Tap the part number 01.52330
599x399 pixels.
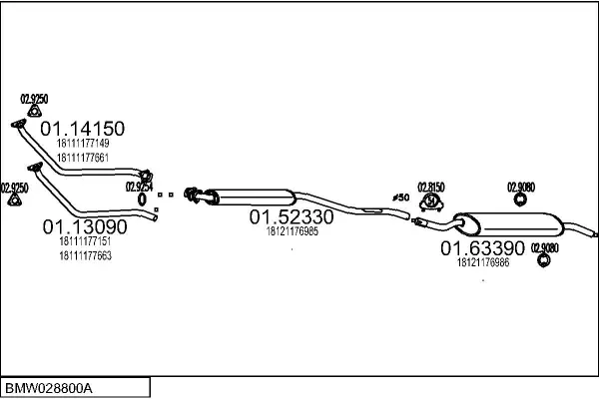coord(291,216)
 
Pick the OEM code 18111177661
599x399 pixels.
coord(83,156)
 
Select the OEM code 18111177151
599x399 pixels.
coord(84,241)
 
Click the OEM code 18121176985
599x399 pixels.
coord(292,231)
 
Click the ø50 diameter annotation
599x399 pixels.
coord(400,199)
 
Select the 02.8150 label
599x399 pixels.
coord(430,187)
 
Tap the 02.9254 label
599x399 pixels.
coord(139,186)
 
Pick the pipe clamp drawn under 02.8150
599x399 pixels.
coord(431,203)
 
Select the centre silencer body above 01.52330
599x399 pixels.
coord(250,194)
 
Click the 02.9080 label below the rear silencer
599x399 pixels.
coord(545,247)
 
